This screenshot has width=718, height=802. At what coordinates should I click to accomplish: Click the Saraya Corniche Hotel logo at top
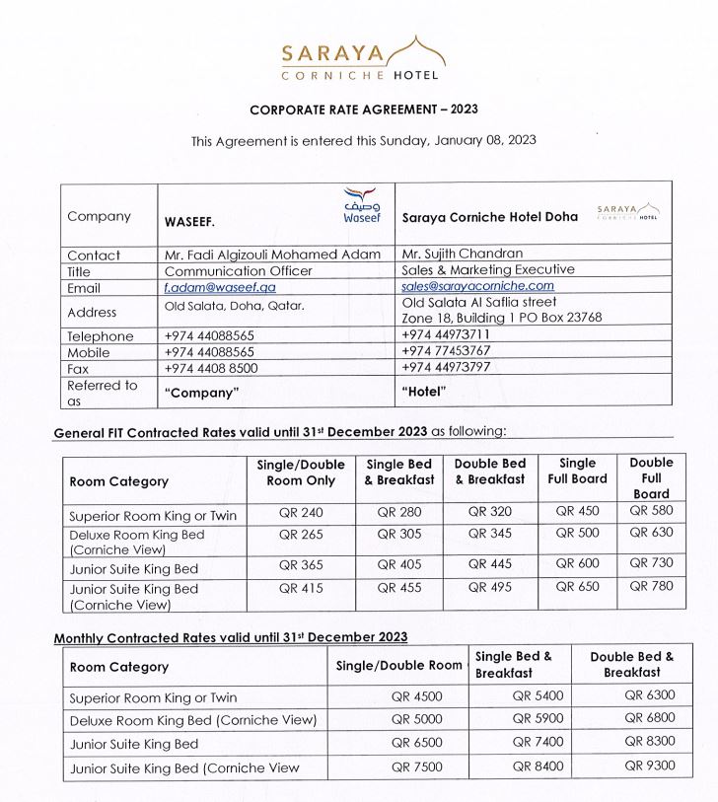(360, 58)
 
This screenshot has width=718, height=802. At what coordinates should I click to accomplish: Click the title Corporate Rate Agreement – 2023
(364, 109)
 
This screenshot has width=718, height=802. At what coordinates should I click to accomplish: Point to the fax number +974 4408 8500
(211, 368)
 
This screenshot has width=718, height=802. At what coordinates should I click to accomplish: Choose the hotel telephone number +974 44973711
(446, 334)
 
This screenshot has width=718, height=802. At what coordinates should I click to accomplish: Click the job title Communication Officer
(239, 270)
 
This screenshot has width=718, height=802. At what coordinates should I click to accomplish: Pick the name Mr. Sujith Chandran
(462, 254)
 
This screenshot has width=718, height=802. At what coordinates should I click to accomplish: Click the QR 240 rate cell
(301, 512)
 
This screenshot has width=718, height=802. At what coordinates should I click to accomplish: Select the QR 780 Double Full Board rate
(651, 587)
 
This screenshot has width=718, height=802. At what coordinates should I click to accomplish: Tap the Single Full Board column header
(578, 472)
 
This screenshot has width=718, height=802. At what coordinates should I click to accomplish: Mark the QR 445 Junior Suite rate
(490, 565)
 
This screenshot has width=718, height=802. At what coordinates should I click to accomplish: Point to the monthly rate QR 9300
(649, 766)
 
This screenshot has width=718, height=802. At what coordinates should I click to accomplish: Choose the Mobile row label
(90, 352)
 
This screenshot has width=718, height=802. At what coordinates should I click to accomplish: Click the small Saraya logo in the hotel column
(628, 212)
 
